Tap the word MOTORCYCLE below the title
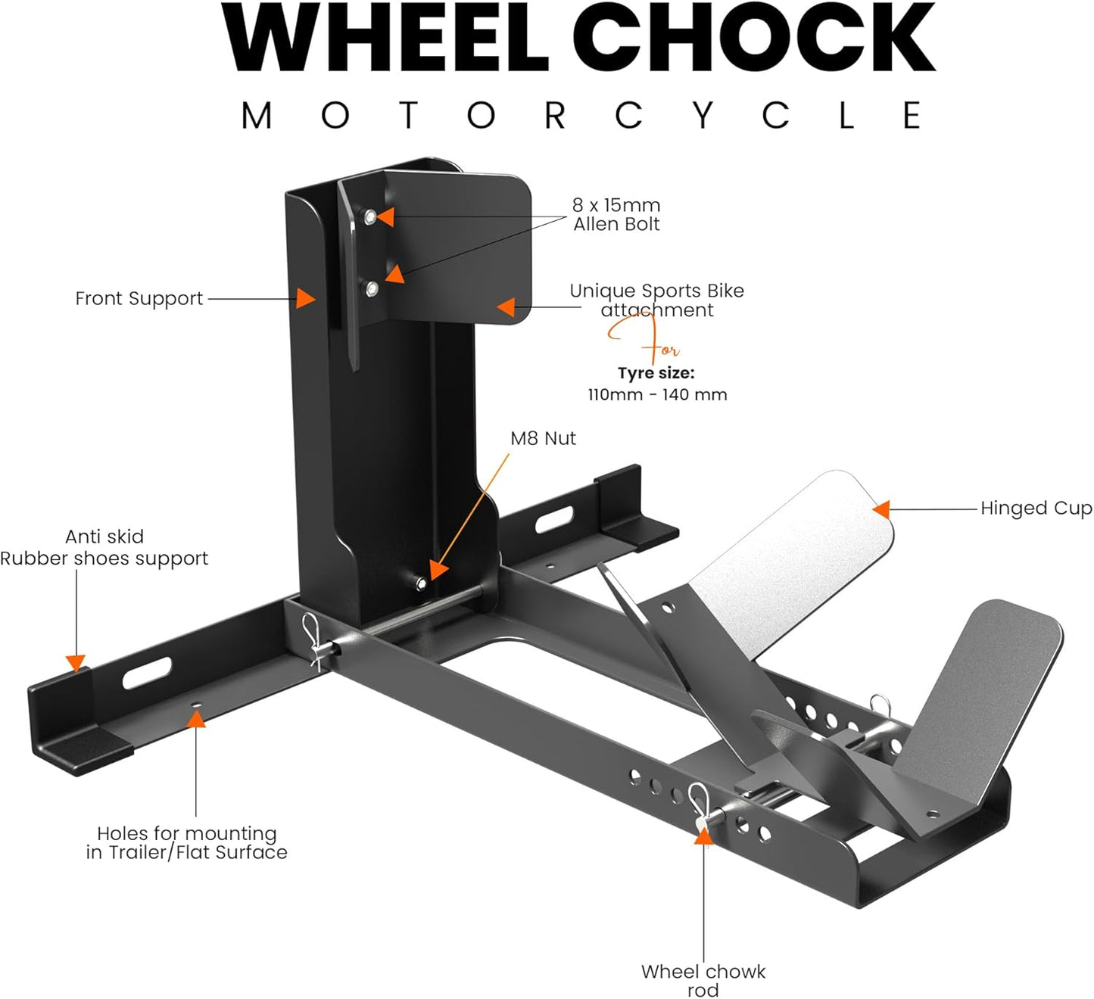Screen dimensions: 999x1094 pyautogui.click(x=581, y=116)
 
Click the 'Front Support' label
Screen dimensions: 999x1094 pyautogui.click(x=139, y=299)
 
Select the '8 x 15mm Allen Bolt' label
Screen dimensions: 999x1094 pyautogui.click(x=616, y=214)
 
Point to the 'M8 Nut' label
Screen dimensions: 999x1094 pyautogui.click(x=543, y=438)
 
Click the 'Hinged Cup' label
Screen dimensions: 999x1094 pyautogui.click(x=1036, y=509)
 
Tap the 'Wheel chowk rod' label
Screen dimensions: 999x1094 pyautogui.click(x=703, y=980)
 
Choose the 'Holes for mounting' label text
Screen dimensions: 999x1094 pyautogui.click(x=187, y=833)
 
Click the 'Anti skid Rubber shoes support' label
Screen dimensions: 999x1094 pyautogui.click(x=104, y=547)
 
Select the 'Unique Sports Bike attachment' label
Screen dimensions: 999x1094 pyautogui.click(x=656, y=300)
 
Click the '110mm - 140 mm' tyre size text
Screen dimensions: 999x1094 pyautogui.click(x=657, y=394)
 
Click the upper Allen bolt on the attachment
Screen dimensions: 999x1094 pyautogui.click(x=369, y=217)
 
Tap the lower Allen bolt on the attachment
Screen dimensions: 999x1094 pyautogui.click(x=371, y=288)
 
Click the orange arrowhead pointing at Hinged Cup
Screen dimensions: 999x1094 pyautogui.click(x=881, y=509)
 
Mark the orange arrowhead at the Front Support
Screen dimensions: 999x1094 pyautogui.click(x=305, y=298)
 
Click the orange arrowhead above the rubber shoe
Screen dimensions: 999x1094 pyautogui.click(x=76, y=663)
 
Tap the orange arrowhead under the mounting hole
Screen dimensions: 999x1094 pyautogui.click(x=196, y=717)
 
